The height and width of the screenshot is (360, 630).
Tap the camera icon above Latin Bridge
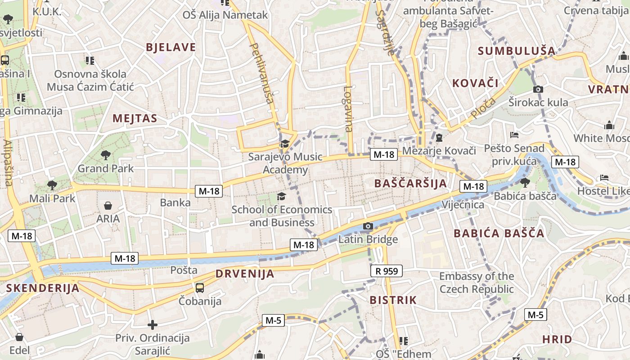click(x=368, y=226)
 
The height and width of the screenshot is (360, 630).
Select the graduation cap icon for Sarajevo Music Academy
click(x=284, y=144)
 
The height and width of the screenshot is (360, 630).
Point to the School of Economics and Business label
click(x=282, y=216)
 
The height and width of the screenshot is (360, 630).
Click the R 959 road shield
click(x=387, y=271)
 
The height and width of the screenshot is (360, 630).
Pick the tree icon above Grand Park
click(x=106, y=155)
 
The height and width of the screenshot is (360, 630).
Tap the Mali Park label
click(x=52, y=198)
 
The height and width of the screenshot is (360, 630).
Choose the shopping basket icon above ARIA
click(x=108, y=206)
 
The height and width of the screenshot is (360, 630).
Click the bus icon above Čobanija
click(x=200, y=287)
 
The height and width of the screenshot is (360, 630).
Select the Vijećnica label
click(x=463, y=205)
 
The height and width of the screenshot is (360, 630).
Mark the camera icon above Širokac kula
click(x=538, y=89)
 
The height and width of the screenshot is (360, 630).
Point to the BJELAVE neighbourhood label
click(x=171, y=47)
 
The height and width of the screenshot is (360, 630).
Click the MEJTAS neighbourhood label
click(x=135, y=118)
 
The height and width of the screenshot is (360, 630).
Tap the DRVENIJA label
click(x=245, y=274)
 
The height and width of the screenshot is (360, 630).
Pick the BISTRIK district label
click(x=393, y=300)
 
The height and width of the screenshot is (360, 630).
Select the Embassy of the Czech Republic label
click(x=477, y=283)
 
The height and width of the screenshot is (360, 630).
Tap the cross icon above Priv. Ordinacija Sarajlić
click(x=153, y=324)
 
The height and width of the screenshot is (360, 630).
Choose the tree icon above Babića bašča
click(x=525, y=182)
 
